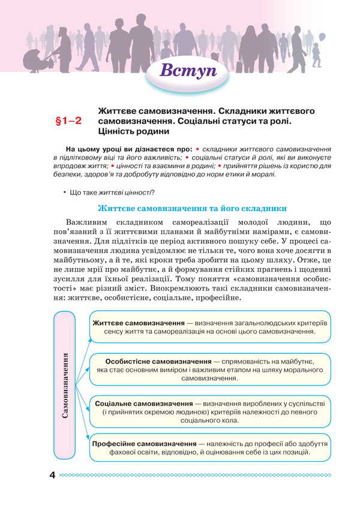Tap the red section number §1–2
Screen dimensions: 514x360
pyautogui.click(x=68, y=122)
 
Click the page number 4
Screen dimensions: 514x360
pyautogui.click(x=52, y=476)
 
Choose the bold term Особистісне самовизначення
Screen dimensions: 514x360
pyautogui.click(x=158, y=362)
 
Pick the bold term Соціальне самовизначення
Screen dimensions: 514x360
pyautogui.click(x=144, y=404)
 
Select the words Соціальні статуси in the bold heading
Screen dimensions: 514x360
pyautogui.click(x=254, y=121)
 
